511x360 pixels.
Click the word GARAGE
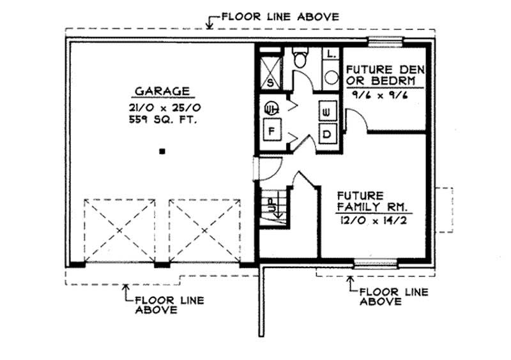(x=162, y=91)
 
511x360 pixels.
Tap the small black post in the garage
(x=163, y=151)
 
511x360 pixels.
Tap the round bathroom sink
(x=331, y=77)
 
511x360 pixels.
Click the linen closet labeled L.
(x=331, y=55)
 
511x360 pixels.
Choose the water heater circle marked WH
(x=271, y=108)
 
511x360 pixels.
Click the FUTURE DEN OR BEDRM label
(x=381, y=75)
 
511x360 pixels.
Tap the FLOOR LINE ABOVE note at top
(x=280, y=17)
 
